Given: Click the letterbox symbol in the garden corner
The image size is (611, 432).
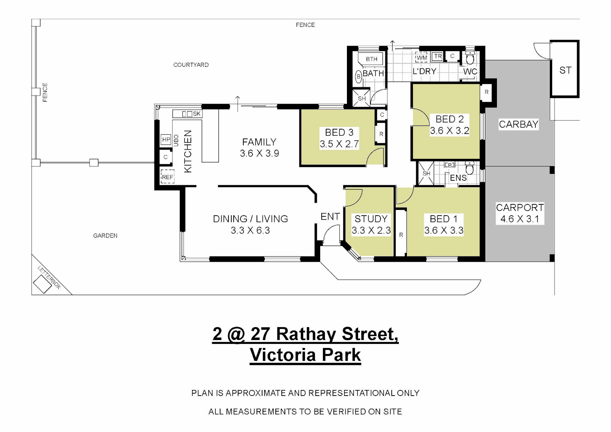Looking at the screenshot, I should pos(42,284).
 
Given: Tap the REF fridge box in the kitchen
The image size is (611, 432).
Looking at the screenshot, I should pos(167,177).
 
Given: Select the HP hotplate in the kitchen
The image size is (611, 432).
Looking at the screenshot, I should pos(166,139).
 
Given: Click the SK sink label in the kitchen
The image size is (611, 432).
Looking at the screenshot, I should pos(196,114).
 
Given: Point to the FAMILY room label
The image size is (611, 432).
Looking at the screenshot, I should pos(259,142).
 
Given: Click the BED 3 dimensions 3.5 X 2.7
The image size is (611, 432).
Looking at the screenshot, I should pos(339,144).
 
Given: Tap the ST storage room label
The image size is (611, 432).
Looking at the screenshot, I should pos(565,70).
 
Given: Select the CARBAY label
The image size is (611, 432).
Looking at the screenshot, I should pos(518,124).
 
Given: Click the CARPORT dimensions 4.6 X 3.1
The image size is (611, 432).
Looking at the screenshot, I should pos(519,219).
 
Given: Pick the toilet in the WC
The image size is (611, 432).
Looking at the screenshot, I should pos(470,58).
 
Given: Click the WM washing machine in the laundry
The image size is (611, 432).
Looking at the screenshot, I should pos(421,58).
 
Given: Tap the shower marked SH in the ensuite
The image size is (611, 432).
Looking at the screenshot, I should pos(426,173).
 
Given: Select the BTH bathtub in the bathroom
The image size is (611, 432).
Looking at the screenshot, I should pos(371,59).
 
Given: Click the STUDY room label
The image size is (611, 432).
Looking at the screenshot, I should pos(371,219).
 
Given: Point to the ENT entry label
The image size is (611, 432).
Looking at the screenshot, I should pos(330,216).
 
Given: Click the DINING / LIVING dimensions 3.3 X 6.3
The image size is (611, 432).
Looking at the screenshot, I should pos(250,230).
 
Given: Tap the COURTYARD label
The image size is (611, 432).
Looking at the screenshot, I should pos(191,65).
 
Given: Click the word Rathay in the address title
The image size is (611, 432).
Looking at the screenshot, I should pos(307,334).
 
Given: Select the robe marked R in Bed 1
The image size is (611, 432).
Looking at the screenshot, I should pos(401,235).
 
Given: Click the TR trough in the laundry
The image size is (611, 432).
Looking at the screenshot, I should pos(438,56).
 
